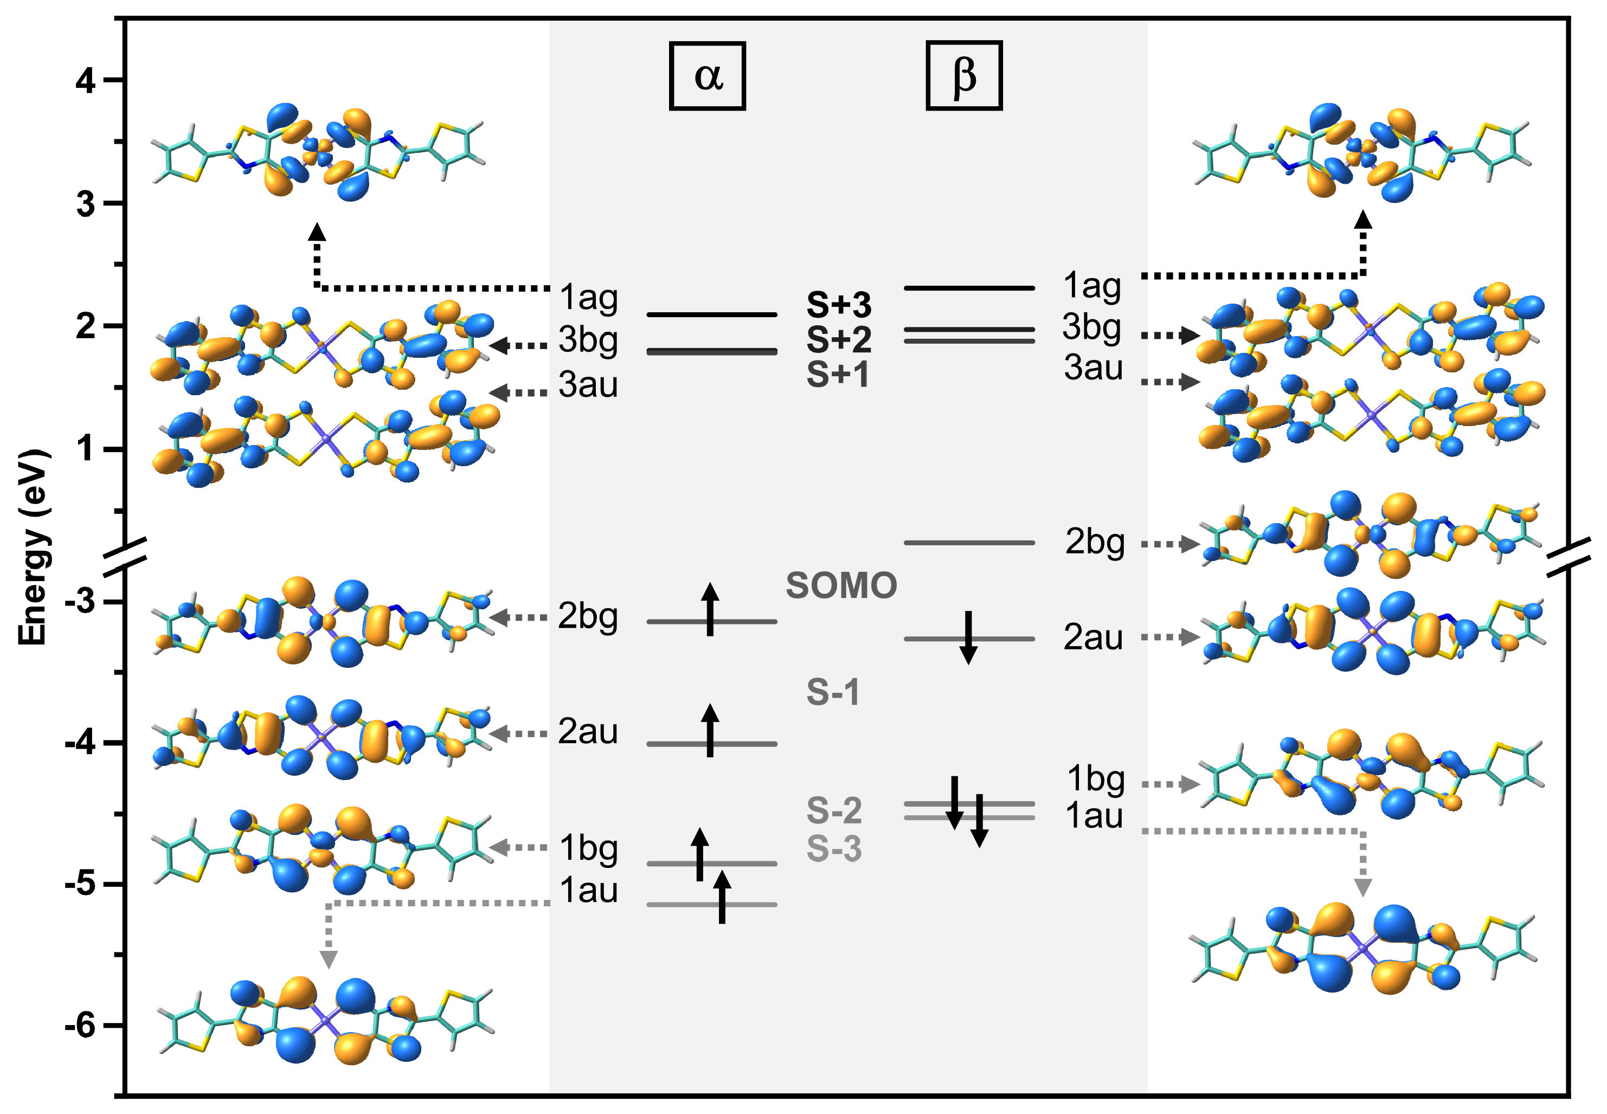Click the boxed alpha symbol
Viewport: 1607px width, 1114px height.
pos(707,76)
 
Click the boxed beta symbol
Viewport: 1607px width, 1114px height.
pos(963,75)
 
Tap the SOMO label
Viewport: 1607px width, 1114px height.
pos(841,585)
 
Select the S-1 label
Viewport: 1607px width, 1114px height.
pos(833,692)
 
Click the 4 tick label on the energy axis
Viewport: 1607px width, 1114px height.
pos(85,81)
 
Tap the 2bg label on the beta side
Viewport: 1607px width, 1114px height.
pos(1095,542)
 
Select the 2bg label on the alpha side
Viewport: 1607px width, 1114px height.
pos(588,616)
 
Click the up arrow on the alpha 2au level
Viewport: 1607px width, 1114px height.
pos(710,730)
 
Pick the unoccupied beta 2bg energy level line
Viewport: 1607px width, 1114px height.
pos(969,542)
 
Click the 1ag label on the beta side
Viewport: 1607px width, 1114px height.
pos(1092,286)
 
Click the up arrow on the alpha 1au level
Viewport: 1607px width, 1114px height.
pos(722,898)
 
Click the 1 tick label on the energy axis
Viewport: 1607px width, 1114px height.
pos(85,448)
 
